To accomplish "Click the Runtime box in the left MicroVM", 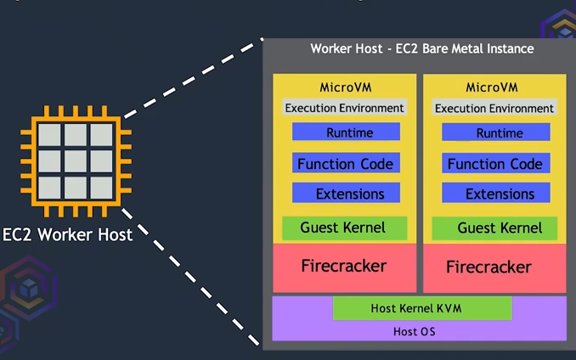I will click(x=346, y=132).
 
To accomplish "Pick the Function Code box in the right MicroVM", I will click(x=495, y=164).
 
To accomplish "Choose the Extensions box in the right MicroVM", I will click(x=495, y=194).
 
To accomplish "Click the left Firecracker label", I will click(x=344, y=266).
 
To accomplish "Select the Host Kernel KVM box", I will click(x=421, y=308).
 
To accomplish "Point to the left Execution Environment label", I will click(x=344, y=108).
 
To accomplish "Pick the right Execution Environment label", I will click(x=494, y=109).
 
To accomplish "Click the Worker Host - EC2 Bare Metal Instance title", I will click(x=422, y=48).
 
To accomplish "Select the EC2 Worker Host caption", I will click(x=68, y=233).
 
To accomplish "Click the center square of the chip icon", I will click(x=76, y=160).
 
